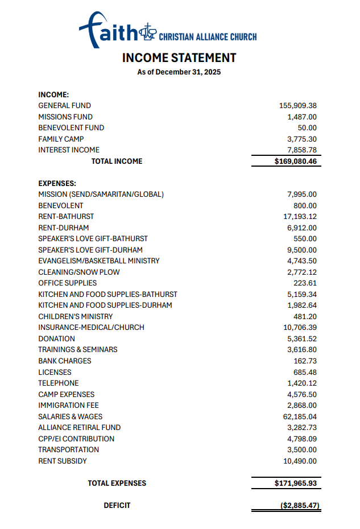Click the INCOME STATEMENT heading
(179, 58)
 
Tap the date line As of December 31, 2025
(179, 72)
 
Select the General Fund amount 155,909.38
(298, 106)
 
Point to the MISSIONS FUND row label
(65, 117)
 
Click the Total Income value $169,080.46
(295, 161)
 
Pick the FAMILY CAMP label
(61, 139)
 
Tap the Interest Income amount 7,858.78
(302, 150)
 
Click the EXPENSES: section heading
(57, 184)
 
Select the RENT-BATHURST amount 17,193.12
(300, 217)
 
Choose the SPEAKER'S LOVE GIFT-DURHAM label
(90, 250)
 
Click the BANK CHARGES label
(65, 361)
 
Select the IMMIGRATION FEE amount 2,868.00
(302, 405)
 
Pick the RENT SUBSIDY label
(63, 461)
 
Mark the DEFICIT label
(117, 505)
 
